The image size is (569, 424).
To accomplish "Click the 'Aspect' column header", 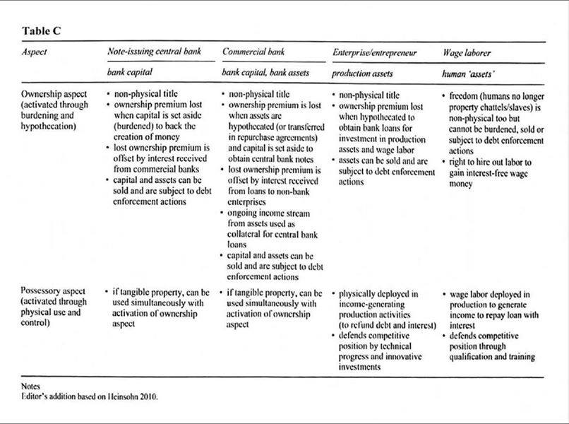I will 35,53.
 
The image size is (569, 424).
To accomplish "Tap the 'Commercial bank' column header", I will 255,53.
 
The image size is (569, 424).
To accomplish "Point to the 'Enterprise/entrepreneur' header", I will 375,53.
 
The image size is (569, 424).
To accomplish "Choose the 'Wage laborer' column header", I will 468,53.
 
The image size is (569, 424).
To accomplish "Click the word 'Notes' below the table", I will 32,386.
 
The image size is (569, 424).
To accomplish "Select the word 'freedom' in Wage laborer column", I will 465,95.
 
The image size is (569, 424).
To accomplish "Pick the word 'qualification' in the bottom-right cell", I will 473,357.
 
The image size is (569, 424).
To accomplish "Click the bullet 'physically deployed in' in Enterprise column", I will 380,293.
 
